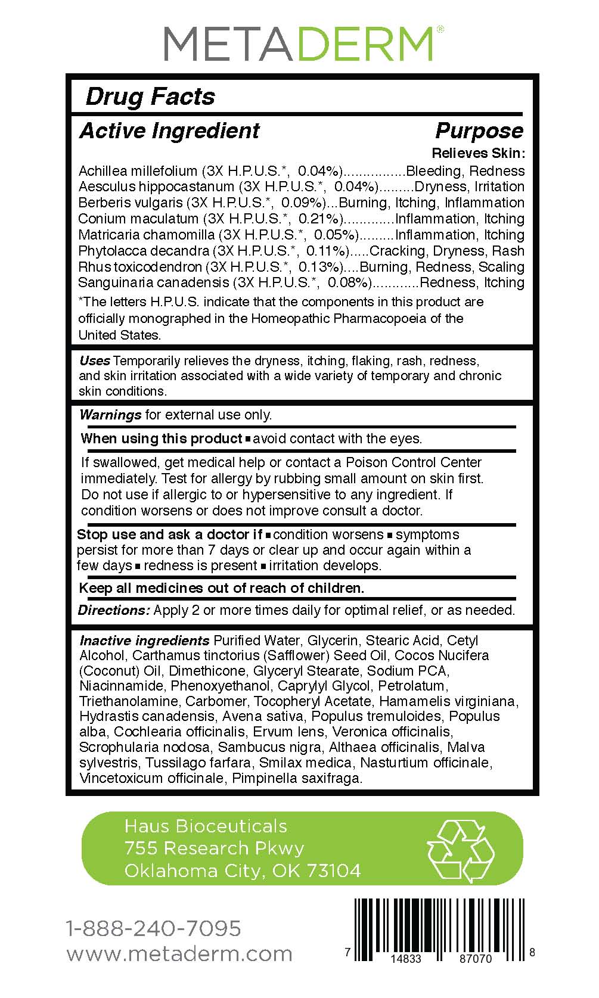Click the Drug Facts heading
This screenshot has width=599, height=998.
click(150, 97)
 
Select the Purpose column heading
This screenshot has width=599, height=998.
click(479, 130)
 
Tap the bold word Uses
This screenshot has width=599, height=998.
click(95, 360)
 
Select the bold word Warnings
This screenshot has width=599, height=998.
click(110, 415)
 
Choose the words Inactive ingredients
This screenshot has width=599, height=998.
click(144, 641)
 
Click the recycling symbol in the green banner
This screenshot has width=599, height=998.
click(461, 850)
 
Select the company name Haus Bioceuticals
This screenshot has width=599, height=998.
click(206, 826)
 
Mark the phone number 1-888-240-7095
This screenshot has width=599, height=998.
click(154, 928)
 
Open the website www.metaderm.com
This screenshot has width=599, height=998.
click(179, 954)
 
